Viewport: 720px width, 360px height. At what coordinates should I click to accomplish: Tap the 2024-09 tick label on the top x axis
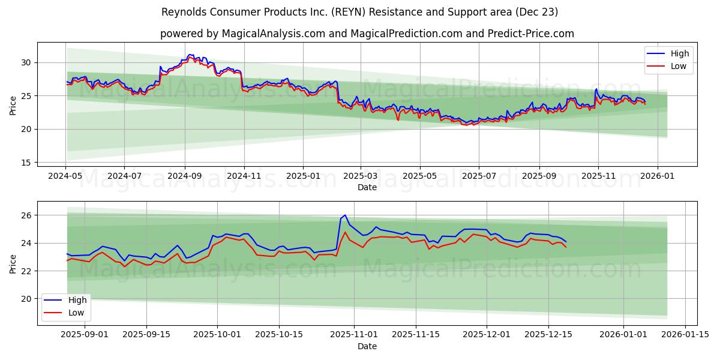coord(185,176)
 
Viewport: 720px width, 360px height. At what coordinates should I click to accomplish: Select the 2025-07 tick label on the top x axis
coord(479,176)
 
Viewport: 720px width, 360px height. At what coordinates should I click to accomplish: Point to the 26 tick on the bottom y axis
coord(26,215)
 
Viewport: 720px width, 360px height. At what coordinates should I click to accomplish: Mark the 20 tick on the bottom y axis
coord(26,299)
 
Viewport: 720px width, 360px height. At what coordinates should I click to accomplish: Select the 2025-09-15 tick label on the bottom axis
coord(146,335)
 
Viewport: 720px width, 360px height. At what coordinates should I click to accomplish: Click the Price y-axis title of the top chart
coord(13,106)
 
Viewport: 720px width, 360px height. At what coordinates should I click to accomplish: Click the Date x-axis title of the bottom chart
coord(367,346)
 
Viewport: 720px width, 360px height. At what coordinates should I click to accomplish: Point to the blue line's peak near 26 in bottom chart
coord(345,215)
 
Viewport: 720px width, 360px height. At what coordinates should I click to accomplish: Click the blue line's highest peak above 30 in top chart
coord(190,55)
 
